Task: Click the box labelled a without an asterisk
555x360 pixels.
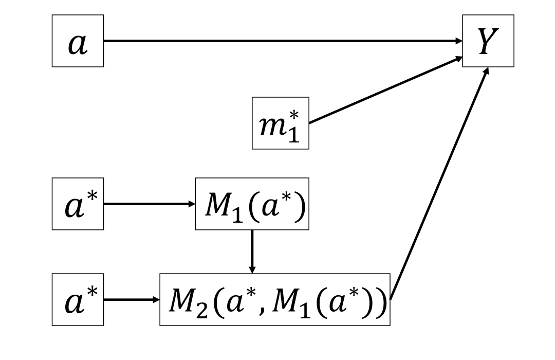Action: coord(78,41)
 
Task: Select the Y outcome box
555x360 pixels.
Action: coord(488,41)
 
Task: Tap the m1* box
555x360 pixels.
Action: coord(280,123)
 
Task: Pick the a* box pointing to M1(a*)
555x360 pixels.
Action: coord(78,204)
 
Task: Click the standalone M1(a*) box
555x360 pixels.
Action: coord(252,204)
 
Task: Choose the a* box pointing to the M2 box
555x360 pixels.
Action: coord(78,299)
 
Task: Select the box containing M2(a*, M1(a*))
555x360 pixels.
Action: coord(275,299)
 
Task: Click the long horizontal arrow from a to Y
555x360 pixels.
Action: coord(283,41)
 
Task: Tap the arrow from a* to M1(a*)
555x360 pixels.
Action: coord(149,204)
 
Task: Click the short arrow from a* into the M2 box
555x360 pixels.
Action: coord(132,299)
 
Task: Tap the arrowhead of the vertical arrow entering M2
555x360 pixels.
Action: coord(252,269)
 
